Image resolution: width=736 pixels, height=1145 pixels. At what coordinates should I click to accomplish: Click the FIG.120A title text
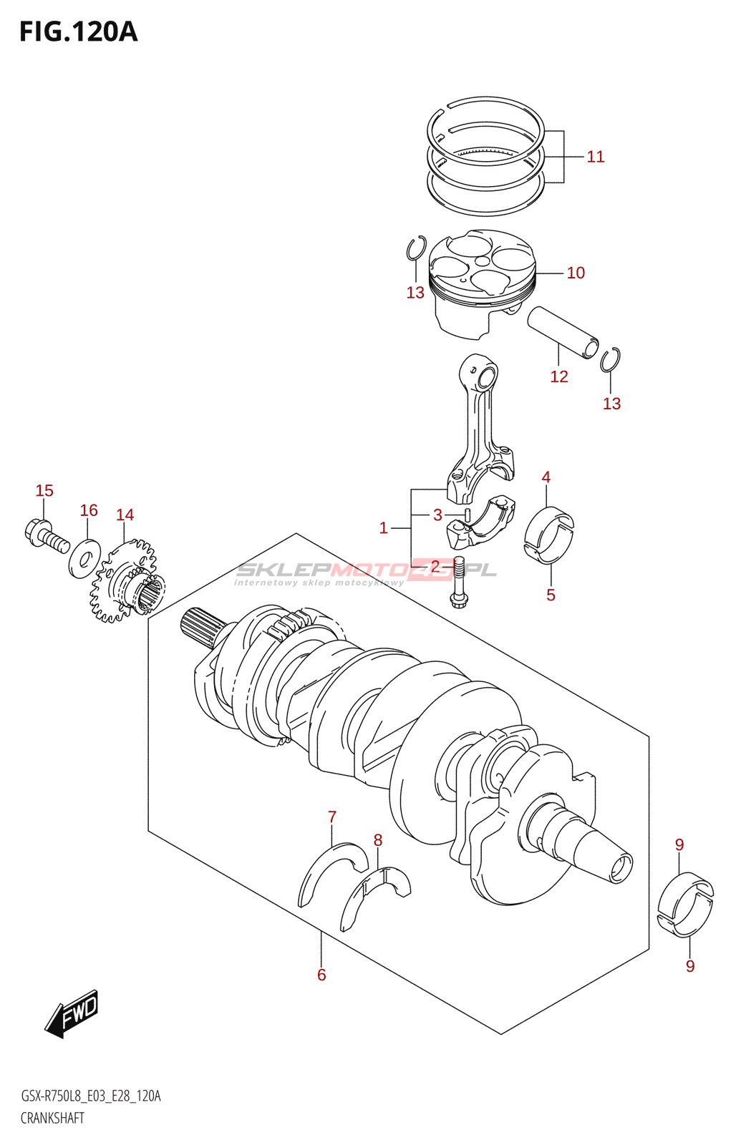point(78,32)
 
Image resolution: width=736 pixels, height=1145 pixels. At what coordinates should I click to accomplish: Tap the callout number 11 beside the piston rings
point(595,157)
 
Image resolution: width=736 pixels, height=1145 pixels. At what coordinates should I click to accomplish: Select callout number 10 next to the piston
point(576,273)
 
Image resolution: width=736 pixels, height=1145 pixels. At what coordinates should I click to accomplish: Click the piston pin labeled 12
point(563,332)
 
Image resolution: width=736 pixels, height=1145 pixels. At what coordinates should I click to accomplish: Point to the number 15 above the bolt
point(44,491)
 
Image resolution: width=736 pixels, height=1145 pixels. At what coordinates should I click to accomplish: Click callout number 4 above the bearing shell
point(546,477)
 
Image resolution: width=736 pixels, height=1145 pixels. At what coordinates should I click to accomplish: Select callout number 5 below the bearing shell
point(551,595)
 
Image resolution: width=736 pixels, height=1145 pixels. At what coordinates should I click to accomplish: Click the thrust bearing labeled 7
point(331,869)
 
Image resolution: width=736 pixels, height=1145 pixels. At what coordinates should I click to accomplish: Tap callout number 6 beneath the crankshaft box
point(321,975)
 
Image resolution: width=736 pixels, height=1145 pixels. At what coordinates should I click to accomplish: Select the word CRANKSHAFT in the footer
point(52,1119)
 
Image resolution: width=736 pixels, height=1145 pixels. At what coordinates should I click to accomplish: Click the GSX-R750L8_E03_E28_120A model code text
point(91,1096)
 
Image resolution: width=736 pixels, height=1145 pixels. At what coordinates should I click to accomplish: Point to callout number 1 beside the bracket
point(384,528)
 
